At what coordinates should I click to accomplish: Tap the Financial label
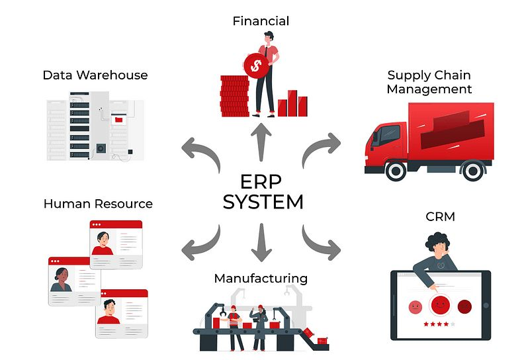[x=261, y=21]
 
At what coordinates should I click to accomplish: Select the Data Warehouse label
[x=95, y=75]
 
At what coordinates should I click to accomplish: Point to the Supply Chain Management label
[x=429, y=82]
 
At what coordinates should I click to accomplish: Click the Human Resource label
[x=98, y=204]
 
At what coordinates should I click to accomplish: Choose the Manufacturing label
[x=261, y=278]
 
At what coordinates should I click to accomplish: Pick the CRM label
[x=441, y=216]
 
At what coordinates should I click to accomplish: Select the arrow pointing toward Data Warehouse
[x=199, y=150]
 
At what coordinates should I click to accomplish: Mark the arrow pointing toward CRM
[x=322, y=243]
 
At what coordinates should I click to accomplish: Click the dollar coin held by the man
[x=255, y=65]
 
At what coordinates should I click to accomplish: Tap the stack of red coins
[x=233, y=96]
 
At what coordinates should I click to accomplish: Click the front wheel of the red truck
[x=396, y=171]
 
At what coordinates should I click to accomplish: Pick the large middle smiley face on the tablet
[x=439, y=306]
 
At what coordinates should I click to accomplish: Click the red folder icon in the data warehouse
[x=119, y=120]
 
